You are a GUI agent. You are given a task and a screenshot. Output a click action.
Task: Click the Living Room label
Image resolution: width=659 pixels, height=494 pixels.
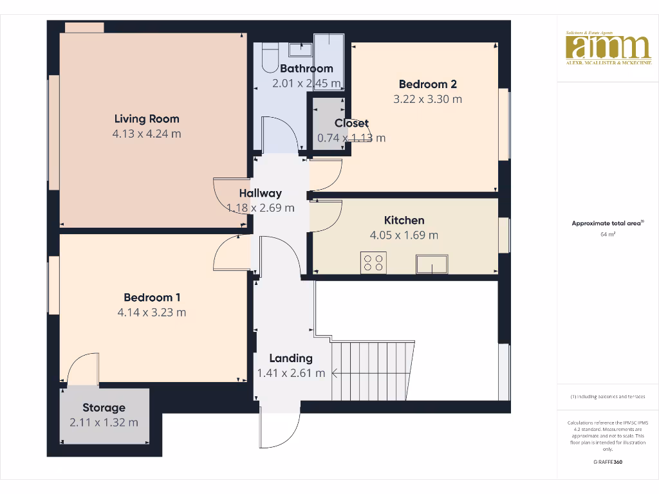[147, 118]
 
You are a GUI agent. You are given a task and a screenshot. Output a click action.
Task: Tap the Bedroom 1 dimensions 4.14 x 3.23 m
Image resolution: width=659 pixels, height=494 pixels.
[152, 313]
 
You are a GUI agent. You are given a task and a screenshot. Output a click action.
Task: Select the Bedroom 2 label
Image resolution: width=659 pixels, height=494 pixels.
[428, 84]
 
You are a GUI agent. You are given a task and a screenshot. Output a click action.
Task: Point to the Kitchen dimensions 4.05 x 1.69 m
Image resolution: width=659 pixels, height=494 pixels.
[404, 235]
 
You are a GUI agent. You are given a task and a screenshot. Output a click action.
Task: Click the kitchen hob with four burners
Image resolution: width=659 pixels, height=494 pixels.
[374, 262]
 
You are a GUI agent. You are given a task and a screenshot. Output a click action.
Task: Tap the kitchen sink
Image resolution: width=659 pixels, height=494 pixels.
[432, 264]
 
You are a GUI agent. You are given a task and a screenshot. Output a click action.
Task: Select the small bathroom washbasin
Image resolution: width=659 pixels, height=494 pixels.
[299, 49]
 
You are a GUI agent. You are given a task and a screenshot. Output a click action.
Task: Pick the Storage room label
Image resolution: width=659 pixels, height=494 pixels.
[104, 407]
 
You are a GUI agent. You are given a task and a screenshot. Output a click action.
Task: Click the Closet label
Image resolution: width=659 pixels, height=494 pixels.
[351, 123]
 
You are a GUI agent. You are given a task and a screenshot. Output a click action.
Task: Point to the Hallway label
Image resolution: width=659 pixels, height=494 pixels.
[261, 193]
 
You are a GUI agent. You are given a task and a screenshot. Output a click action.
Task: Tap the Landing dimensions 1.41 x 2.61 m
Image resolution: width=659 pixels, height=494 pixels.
[291, 373]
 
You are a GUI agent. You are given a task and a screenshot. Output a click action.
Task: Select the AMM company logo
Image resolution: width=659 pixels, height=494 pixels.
[608, 48]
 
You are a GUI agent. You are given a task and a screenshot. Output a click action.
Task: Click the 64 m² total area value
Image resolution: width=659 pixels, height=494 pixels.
[608, 235]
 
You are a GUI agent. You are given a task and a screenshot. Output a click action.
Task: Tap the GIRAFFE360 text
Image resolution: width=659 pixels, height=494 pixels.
[608, 462]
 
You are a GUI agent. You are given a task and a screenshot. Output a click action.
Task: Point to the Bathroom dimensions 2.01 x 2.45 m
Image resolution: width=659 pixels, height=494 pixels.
[306, 84]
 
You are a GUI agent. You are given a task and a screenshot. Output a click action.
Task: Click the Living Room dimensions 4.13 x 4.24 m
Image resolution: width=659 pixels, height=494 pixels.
[147, 134]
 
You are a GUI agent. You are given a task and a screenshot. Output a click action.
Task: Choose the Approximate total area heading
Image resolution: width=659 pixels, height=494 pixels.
[607, 223]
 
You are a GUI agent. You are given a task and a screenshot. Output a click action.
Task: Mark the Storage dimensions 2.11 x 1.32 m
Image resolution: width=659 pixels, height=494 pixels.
[104, 423]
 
